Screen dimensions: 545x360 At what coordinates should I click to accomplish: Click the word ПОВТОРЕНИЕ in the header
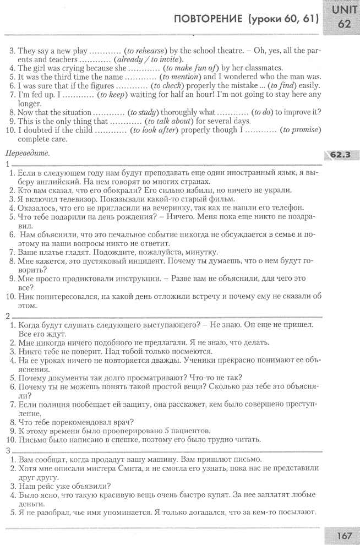[209, 19]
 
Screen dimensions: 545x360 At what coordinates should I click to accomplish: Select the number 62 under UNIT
[345, 24]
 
